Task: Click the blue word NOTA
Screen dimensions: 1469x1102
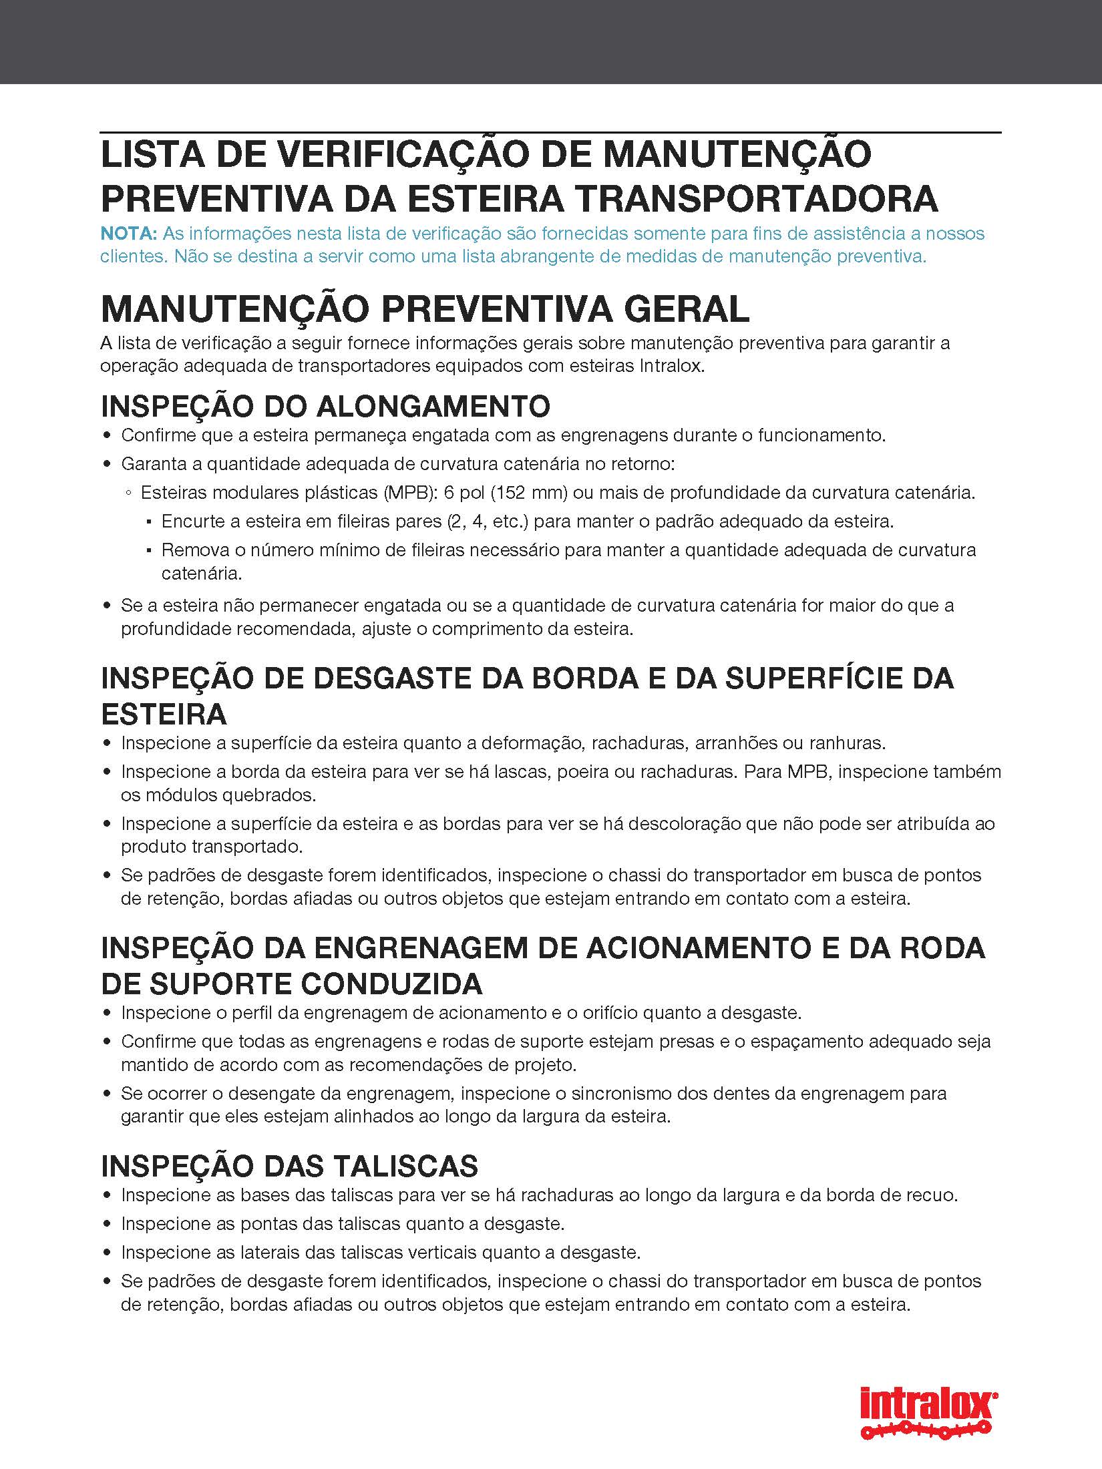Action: (128, 234)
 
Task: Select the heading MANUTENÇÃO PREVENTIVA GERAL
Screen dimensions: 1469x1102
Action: (425, 309)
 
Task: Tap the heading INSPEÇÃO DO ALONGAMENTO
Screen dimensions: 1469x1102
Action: (325, 406)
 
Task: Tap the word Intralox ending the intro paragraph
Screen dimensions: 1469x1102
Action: (671, 367)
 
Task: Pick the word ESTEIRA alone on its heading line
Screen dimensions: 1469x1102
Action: (164, 714)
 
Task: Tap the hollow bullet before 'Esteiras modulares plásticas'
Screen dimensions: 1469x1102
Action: (128, 493)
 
